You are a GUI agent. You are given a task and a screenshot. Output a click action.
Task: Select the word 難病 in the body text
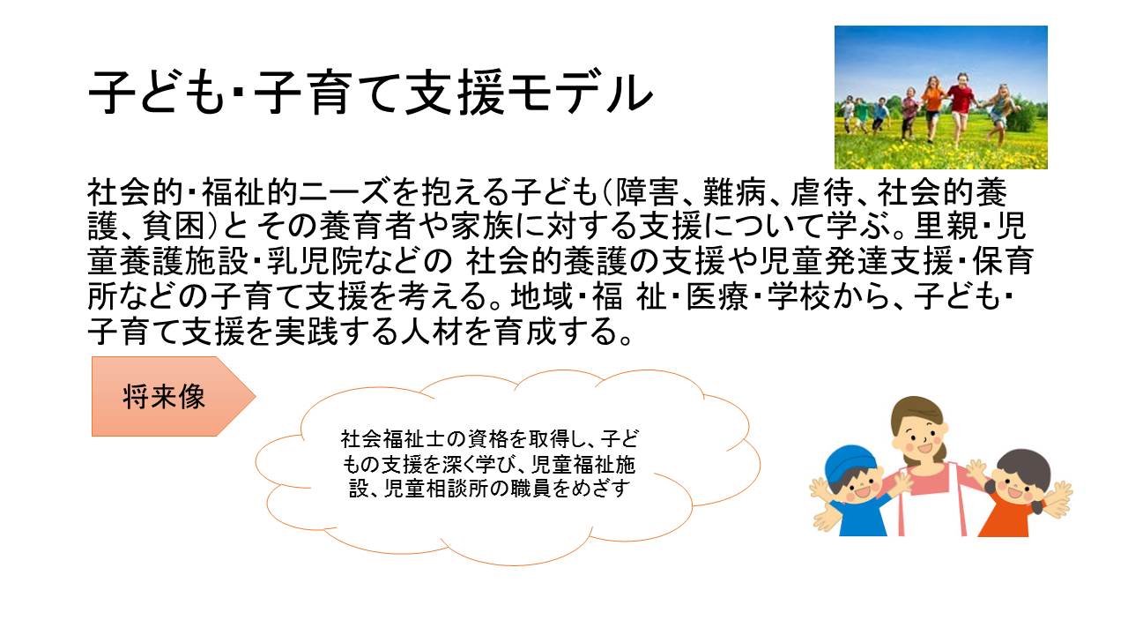point(735,192)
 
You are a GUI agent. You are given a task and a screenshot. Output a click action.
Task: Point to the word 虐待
point(822,192)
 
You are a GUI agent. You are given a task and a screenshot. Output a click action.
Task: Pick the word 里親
point(946,226)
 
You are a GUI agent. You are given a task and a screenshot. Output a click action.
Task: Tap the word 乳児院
point(315,261)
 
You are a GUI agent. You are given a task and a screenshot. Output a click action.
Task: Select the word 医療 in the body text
point(717,295)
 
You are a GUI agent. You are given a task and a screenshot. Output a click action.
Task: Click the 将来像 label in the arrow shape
point(164,397)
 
